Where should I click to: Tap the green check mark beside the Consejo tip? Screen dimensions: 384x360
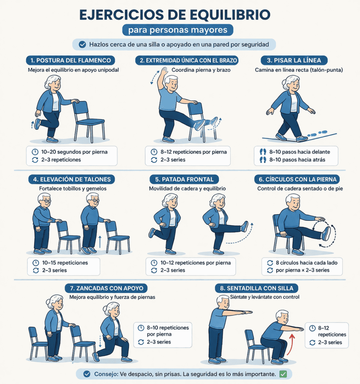click(x=283, y=374)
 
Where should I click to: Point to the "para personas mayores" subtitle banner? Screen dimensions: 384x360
click(x=178, y=30)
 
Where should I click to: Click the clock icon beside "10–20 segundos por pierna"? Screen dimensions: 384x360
click(x=35, y=152)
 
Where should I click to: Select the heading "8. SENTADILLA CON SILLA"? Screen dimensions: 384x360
click(x=257, y=288)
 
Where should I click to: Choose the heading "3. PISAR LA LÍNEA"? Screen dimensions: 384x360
click(x=291, y=60)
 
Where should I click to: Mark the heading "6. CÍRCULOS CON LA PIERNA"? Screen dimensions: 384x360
click(x=298, y=179)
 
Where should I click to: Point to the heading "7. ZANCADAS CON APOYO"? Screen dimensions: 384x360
click(x=106, y=288)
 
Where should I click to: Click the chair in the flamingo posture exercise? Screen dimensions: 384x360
click(x=89, y=120)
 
